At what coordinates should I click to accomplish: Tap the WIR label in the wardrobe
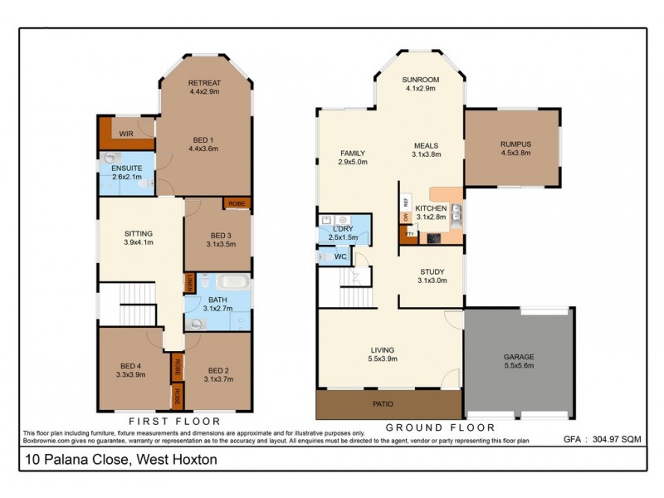pos(127,133)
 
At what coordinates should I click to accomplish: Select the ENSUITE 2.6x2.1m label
pos(126,172)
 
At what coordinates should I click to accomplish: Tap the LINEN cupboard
pos(190,282)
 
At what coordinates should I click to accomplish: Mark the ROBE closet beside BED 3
pos(237,203)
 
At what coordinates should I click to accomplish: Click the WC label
pos(341,257)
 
